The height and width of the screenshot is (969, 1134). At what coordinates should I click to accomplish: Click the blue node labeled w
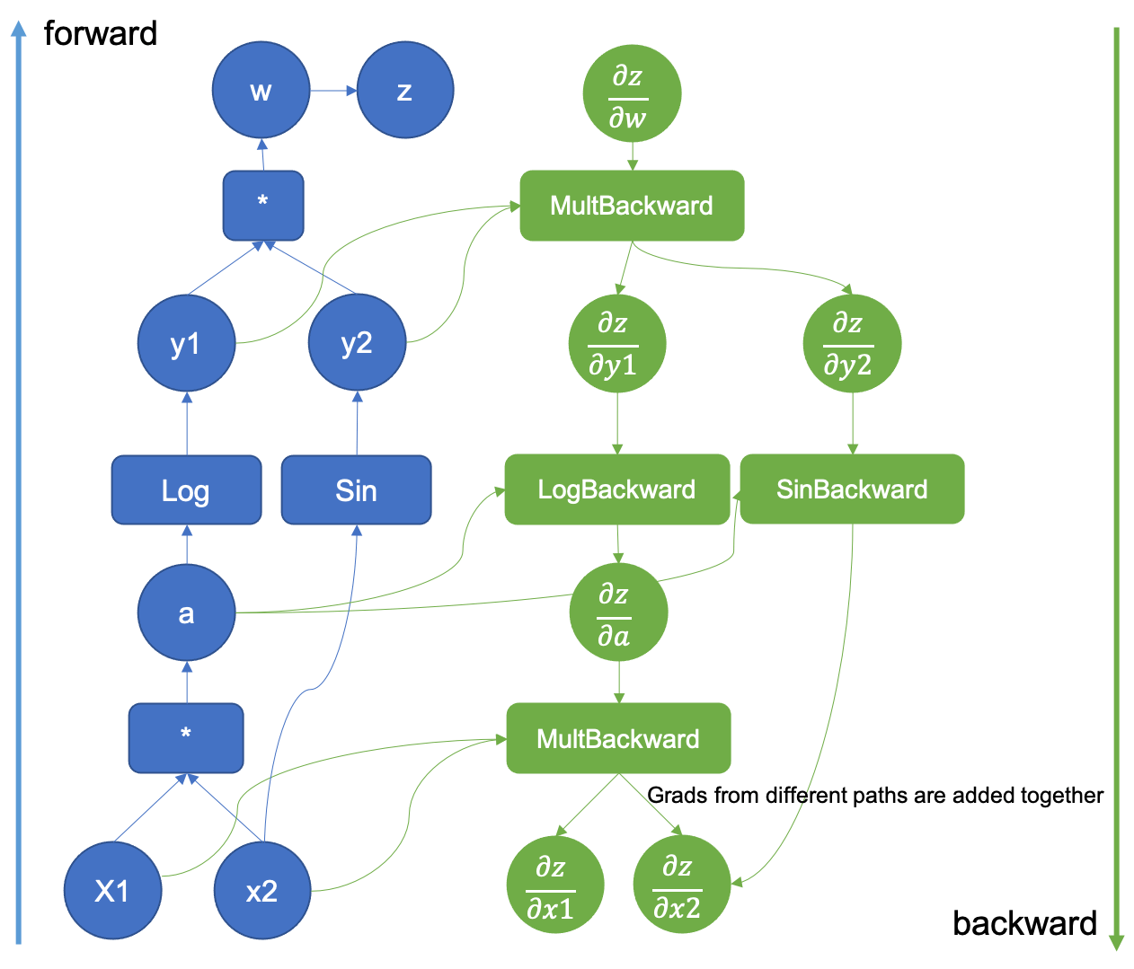click(x=261, y=91)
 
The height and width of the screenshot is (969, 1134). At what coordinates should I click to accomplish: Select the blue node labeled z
click(x=404, y=91)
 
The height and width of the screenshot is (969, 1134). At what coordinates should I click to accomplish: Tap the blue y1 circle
click(x=186, y=343)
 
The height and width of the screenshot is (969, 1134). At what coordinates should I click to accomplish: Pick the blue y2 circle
click(x=357, y=343)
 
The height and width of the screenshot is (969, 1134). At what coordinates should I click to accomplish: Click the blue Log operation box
click(x=186, y=490)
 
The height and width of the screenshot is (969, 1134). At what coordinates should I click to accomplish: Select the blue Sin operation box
click(x=356, y=490)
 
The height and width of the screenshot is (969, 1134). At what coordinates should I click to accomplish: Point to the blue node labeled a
click(x=186, y=612)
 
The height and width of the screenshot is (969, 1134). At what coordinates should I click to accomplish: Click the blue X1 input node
click(x=112, y=891)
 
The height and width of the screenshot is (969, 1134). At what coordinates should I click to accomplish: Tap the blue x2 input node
click(x=261, y=891)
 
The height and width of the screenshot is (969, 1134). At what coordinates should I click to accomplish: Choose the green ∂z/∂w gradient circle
click(x=632, y=94)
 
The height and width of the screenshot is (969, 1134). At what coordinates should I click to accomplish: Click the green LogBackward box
click(x=616, y=489)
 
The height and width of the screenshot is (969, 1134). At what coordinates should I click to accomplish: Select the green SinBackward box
click(x=852, y=489)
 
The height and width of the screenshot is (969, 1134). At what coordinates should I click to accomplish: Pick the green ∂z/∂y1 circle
click(x=616, y=343)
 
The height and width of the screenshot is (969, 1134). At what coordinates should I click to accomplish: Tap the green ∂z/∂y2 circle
click(x=852, y=343)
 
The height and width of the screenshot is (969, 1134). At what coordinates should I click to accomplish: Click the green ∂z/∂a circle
click(x=618, y=612)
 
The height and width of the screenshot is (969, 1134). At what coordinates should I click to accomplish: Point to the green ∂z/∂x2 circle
click(x=681, y=885)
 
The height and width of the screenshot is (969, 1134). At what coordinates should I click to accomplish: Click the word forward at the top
click(x=101, y=34)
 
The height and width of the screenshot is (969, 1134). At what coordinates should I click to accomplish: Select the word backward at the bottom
click(x=1024, y=923)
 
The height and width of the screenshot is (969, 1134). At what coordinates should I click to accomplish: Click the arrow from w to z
click(x=333, y=91)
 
